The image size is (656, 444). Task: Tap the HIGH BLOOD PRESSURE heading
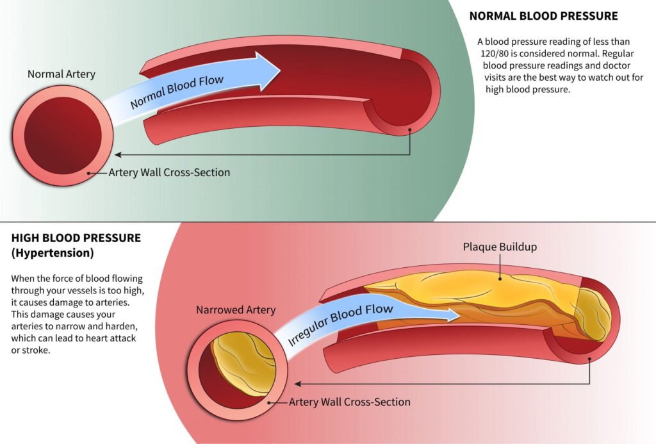pyautogui.click(x=76, y=238)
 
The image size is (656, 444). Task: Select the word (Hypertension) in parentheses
pyautogui.click(x=53, y=253)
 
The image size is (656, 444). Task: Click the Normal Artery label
pyautogui.click(x=61, y=74)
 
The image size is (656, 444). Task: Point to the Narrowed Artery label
pyautogui.click(x=236, y=310)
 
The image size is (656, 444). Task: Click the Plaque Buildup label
pyautogui.click(x=500, y=247)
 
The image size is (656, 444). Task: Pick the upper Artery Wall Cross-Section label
pyautogui.click(x=169, y=172)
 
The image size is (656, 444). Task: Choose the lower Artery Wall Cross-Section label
pyautogui.click(x=349, y=402)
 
